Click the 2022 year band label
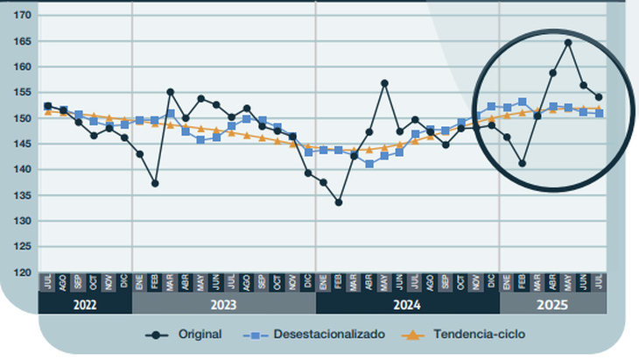coord(85,305)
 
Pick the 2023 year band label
coord(223,305)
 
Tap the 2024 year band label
coord(407,305)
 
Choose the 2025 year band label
coord(552,305)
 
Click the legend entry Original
coord(200,335)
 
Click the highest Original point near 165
coord(568,42)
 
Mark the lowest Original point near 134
coord(339,202)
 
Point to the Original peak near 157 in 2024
coord(384,83)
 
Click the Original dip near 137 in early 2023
coord(155,183)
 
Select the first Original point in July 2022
coord(47,106)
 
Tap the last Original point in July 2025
coord(599,97)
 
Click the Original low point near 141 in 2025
coord(523,164)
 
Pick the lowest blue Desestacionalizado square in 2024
coord(369,164)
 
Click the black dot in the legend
coord(158,335)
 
